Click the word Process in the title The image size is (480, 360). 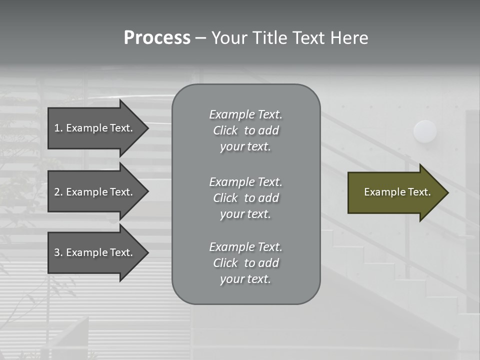click(x=157, y=38)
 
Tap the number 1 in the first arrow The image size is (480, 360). click(x=57, y=128)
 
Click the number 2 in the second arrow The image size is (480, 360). click(x=57, y=192)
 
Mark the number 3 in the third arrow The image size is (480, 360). click(x=57, y=252)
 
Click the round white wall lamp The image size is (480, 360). click(x=425, y=131)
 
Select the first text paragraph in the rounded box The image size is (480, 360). click(x=245, y=130)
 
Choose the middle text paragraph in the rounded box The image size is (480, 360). click(x=245, y=198)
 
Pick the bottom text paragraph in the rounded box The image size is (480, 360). click(x=245, y=263)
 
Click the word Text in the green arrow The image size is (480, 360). click(x=419, y=192)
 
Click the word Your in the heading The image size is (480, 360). click(x=228, y=38)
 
